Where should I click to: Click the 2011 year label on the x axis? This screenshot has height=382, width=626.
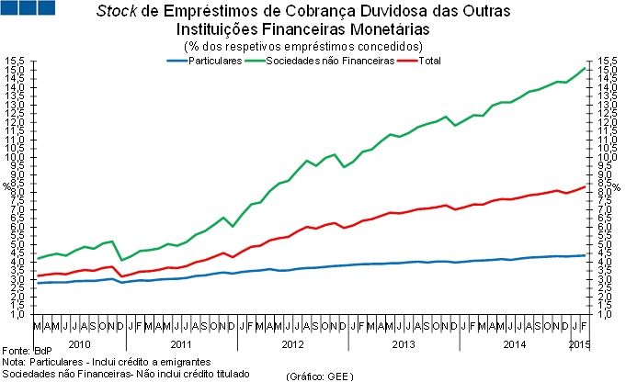180,343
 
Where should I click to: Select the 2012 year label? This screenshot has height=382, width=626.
292,343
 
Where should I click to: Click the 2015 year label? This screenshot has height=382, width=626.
579,343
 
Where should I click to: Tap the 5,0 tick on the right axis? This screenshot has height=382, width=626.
607,244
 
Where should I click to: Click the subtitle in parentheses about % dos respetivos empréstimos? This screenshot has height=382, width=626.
303,46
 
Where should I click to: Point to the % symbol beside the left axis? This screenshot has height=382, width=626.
6,186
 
